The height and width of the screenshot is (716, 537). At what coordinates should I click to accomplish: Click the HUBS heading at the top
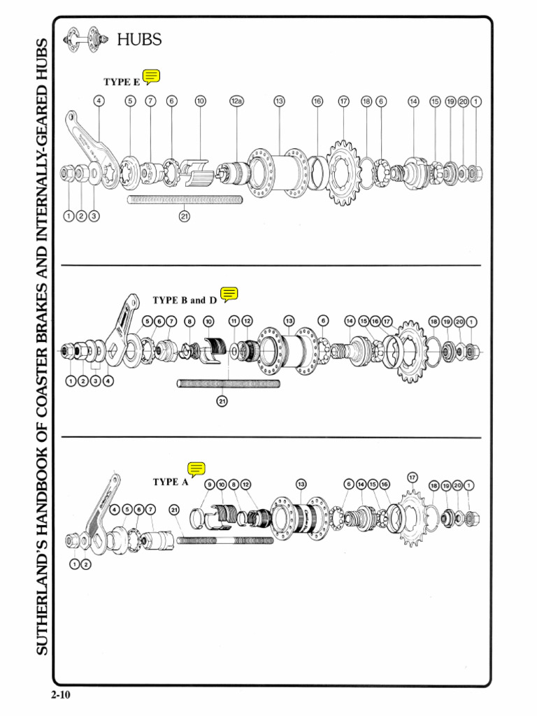[x=139, y=40]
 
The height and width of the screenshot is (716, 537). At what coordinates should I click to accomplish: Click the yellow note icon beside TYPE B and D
[x=229, y=294]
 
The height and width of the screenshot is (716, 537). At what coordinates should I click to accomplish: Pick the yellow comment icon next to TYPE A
[x=196, y=470]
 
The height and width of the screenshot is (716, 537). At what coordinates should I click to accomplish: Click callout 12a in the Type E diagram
[x=236, y=101]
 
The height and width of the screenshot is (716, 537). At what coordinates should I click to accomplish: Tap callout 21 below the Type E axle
[x=184, y=216]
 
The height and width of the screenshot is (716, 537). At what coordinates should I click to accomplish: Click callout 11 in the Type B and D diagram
[x=234, y=321]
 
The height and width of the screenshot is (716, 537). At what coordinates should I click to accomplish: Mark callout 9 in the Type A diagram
[x=210, y=485]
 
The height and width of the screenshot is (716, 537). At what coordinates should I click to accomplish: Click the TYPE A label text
[x=171, y=482]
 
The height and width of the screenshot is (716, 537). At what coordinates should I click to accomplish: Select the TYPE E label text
[x=122, y=82]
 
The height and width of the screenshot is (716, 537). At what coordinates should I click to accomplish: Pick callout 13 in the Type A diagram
[x=301, y=485]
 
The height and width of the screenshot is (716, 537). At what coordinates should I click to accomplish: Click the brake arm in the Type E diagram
[x=88, y=143]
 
